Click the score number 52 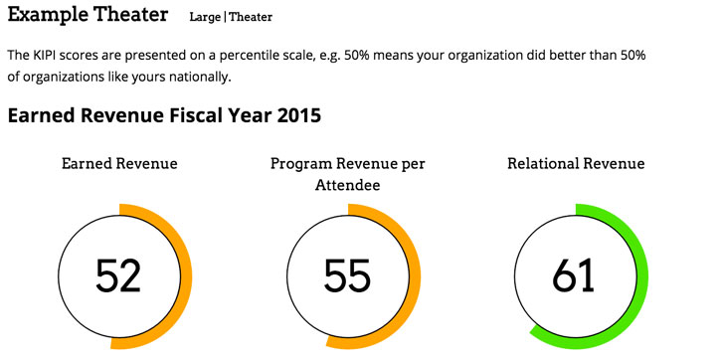tap(118, 275)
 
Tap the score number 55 tap(347, 275)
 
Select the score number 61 tap(573, 275)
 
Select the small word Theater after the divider tap(251, 17)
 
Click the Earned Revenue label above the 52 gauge tap(119, 164)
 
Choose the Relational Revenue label tap(576, 164)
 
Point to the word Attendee tap(347, 185)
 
